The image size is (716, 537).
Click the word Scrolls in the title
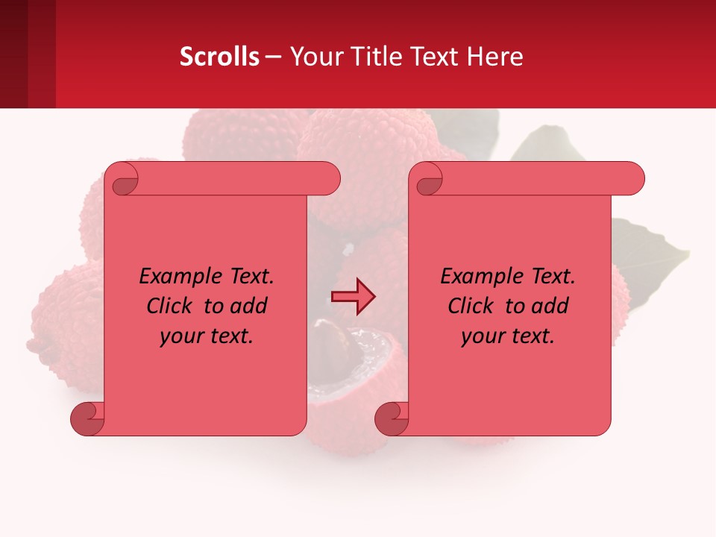click(x=219, y=56)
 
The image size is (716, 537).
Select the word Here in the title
click(x=495, y=56)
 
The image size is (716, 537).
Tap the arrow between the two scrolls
click(x=353, y=297)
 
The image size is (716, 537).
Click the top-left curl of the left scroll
click(x=122, y=180)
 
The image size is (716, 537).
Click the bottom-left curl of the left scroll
click(x=87, y=419)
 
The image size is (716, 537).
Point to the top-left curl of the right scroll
click(x=427, y=180)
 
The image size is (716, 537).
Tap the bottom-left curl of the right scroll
click(x=392, y=419)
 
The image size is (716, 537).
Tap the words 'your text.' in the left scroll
click(x=206, y=336)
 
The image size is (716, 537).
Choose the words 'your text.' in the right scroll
click(x=507, y=336)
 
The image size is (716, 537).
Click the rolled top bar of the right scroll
click(x=537, y=178)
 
